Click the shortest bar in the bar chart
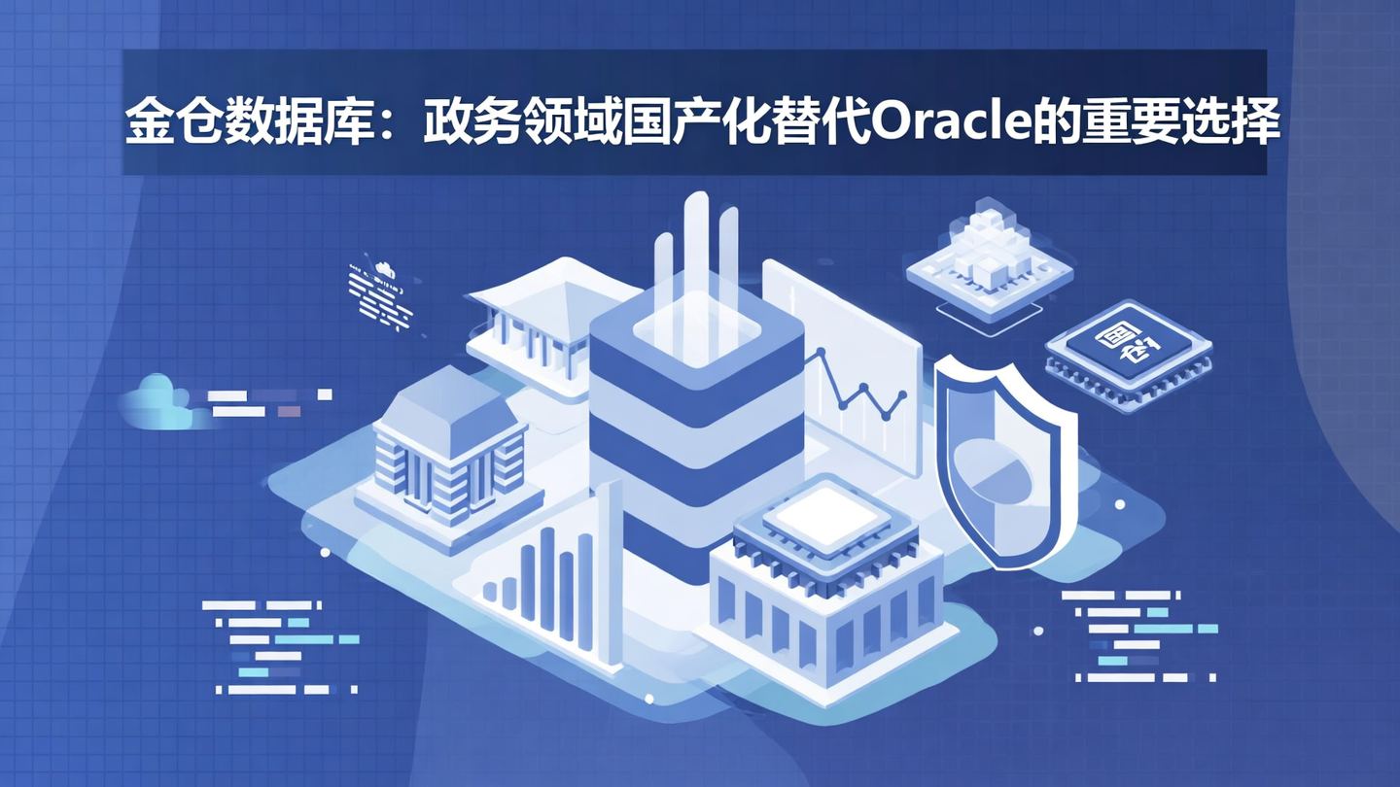490,591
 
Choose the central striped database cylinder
696,428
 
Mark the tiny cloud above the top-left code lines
382,266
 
